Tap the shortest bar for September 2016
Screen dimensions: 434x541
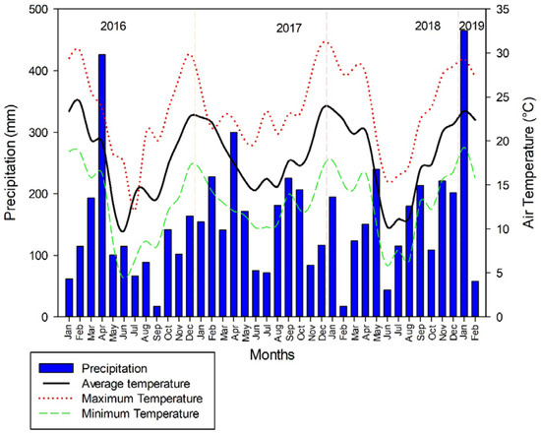(156, 311)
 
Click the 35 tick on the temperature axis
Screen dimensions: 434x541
(498, 10)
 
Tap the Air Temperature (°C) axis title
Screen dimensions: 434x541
(528, 162)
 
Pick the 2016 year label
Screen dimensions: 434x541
(114, 25)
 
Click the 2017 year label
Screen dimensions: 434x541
(288, 30)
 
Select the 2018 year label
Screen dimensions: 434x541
(428, 25)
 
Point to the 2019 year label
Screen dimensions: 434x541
(471, 25)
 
